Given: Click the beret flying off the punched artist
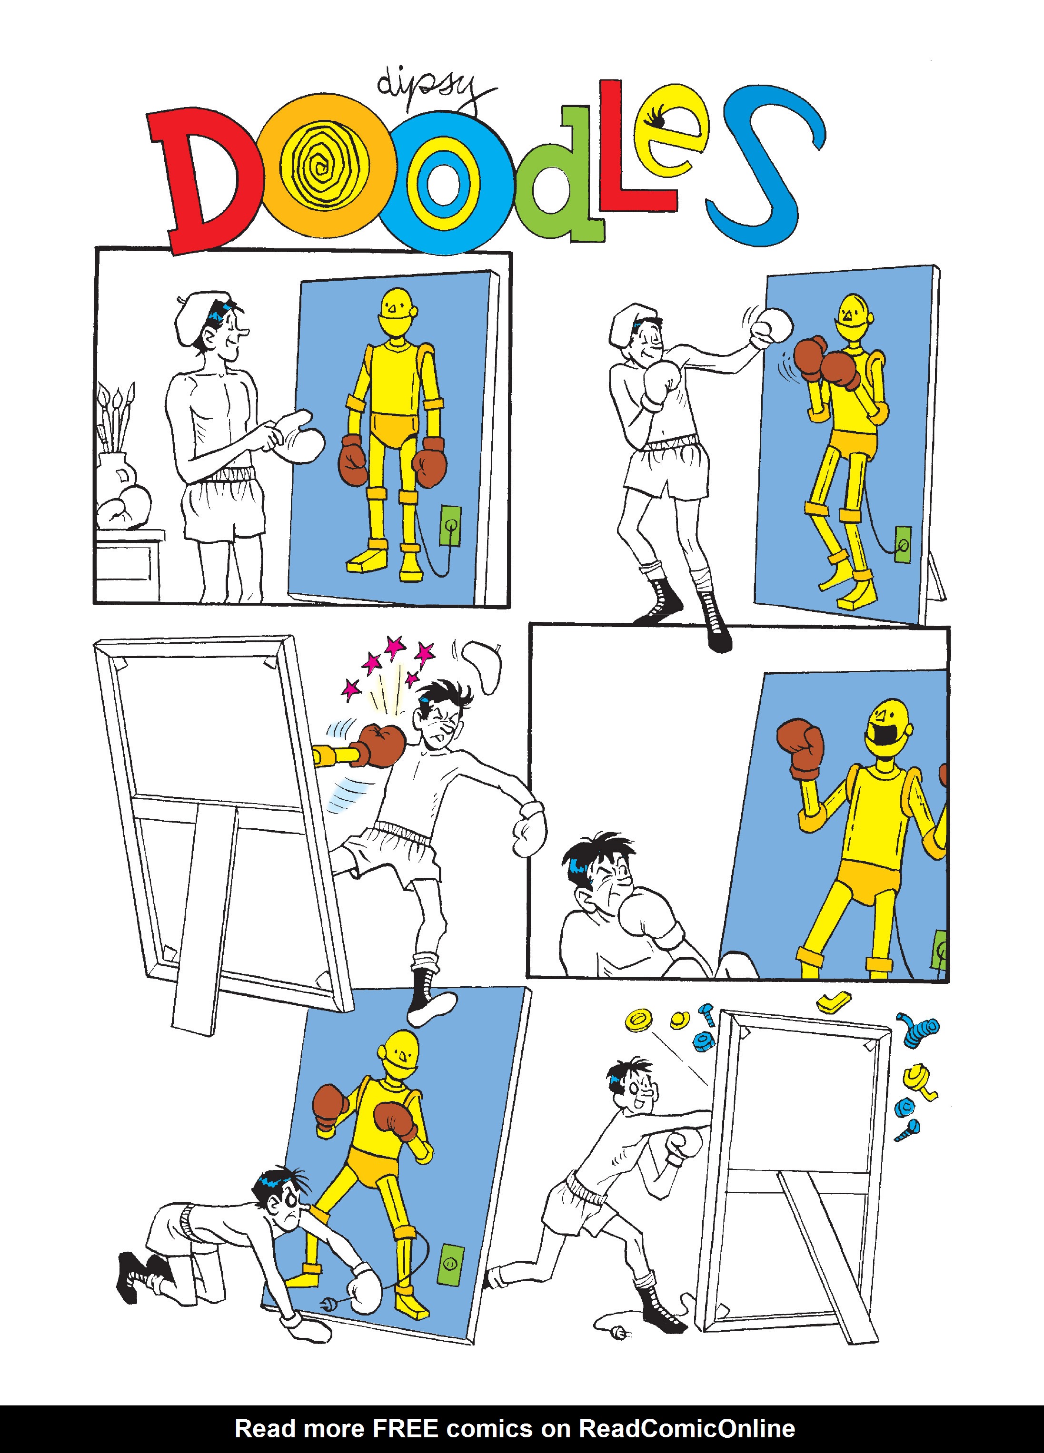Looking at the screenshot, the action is click(x=481, y=666).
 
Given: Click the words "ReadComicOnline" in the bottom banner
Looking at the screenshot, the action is click(x=687, y=1428).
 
